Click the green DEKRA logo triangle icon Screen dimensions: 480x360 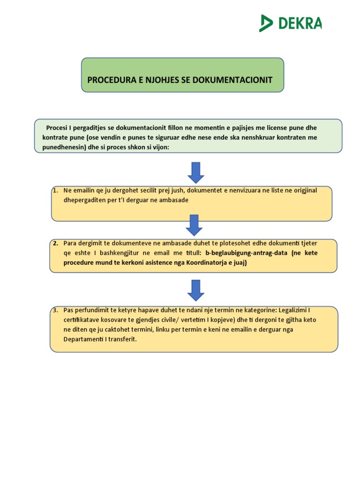pyautogui.click(x=266, y=23)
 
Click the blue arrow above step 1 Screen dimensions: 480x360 pyautogui.click(x=195, y=172)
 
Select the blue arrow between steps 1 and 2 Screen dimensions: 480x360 pyautogui.click(x=194, y=225)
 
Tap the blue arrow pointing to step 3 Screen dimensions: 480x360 pyautogui.click(x=195, y=290)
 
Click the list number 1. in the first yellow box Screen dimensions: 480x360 pyautogui.click(x=56, y=190)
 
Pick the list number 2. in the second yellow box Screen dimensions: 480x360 pyautogui.click(x=56, y=243)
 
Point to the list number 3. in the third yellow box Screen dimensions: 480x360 pyautogui.click(x=55, y=310)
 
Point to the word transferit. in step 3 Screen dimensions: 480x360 pyautogui.click(x=121, y=339)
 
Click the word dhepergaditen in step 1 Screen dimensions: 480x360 pyautogui.click(x=85, y=200)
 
